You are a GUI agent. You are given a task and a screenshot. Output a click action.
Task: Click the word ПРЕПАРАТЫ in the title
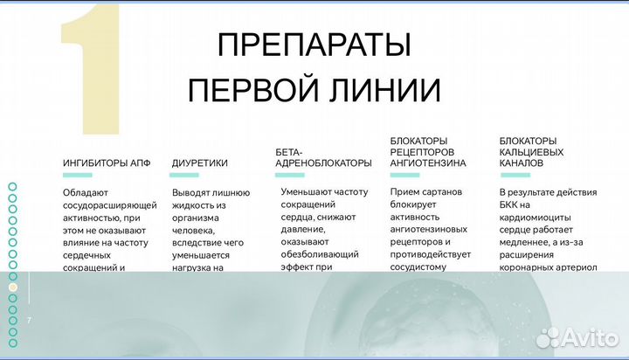point(313,45)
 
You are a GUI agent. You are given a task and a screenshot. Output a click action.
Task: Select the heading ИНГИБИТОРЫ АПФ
point(100,163)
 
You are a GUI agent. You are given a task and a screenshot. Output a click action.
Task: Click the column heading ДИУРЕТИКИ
point(199,163)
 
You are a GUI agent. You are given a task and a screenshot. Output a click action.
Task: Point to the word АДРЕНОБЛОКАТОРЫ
point(323,163)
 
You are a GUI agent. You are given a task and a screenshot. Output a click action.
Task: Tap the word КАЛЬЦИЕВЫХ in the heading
point(531,151)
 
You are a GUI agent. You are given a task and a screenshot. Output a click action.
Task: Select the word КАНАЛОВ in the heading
point(522,163)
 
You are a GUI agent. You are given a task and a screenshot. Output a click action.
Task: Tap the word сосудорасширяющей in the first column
point(109,204)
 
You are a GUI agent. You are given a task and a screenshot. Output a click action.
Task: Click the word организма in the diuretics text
point(196,218)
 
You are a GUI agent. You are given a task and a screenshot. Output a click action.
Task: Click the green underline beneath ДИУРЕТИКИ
point(184,175)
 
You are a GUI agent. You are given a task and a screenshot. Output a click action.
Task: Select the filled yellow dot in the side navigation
point(12,287)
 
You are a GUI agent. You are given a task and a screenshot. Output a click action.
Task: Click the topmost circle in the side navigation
point(12,186)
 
